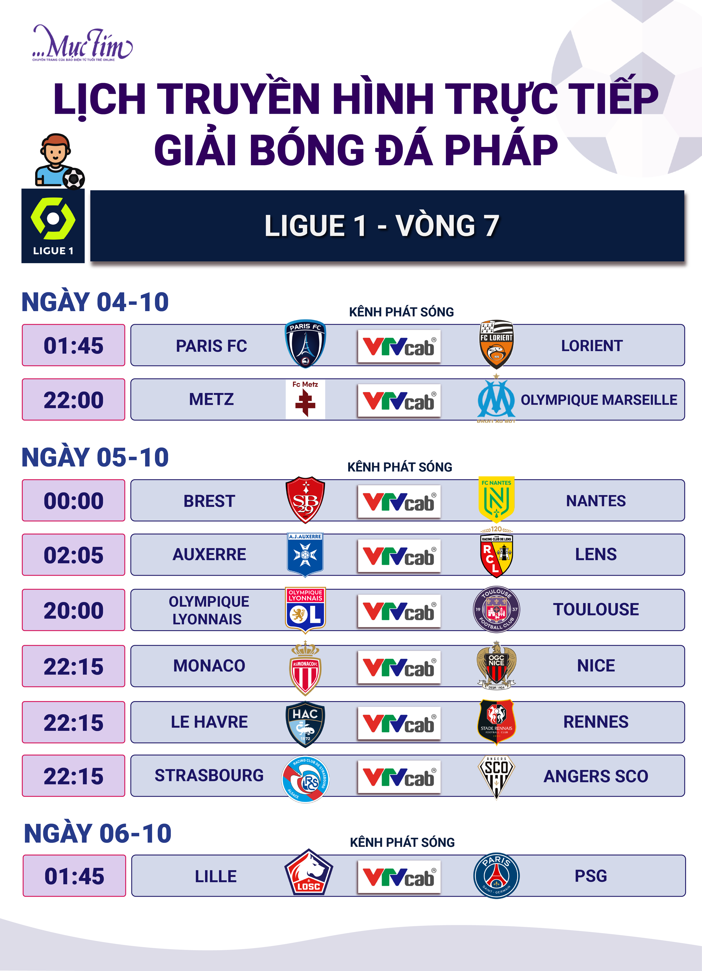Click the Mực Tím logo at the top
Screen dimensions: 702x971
point(82,43)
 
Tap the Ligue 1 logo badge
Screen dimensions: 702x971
point(53,226)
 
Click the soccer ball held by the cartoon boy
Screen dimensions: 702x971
point(74,178)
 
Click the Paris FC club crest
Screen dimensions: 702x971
point(305,343)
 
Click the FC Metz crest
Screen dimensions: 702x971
point(305,399)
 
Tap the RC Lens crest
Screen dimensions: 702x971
point(496,552)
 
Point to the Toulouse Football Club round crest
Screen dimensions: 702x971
point(496,609)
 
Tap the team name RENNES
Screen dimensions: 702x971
point(596,722)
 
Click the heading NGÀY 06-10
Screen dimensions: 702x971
point(98,833)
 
